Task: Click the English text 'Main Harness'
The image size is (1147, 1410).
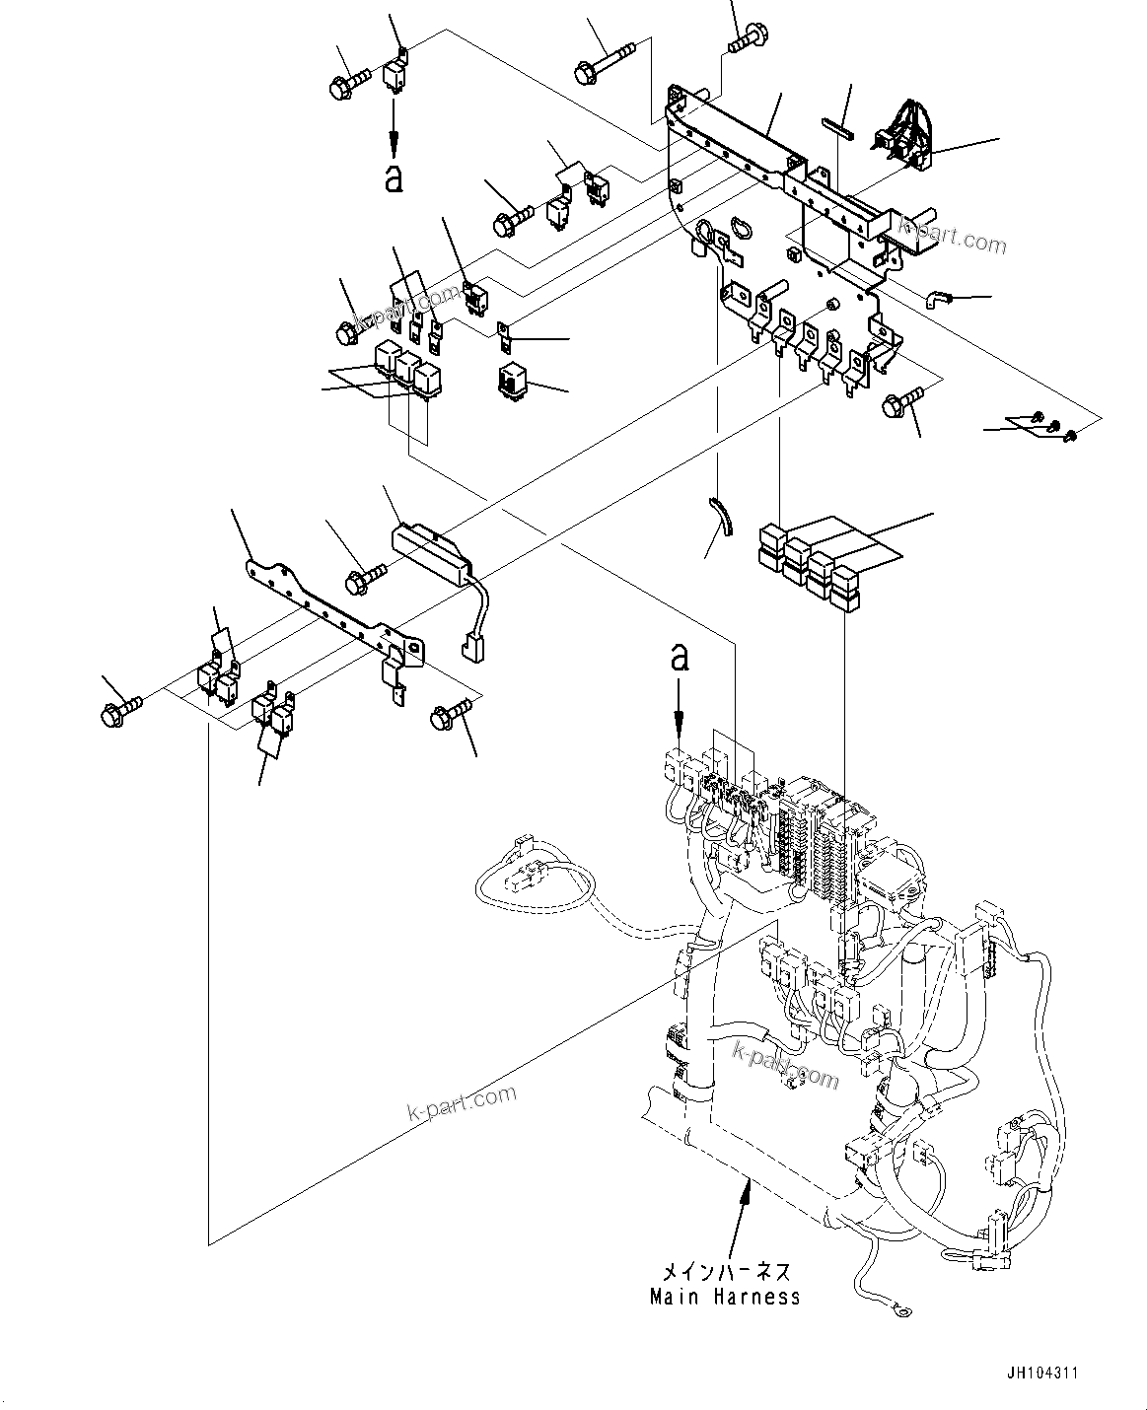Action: [x=725, y=1297]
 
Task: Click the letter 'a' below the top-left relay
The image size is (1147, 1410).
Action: [x=394, y=178]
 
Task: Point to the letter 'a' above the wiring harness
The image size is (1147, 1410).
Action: [x=680, y=658]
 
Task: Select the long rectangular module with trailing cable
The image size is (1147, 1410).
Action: [x=431, y=550]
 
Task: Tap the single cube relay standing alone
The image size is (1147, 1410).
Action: [x=515, y=380]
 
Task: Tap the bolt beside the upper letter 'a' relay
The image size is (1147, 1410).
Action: [x=348, y=79]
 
